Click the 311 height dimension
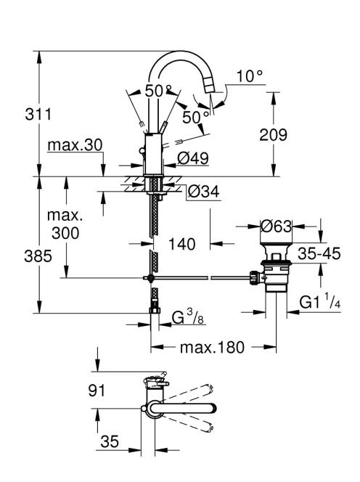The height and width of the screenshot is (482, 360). click(38, 115)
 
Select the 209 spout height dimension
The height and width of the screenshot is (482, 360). click(273, 135)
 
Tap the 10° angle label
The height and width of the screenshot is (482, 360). click(250, 76)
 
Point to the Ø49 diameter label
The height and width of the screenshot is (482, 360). click(193, 159)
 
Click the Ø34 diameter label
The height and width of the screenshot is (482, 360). click(203, 192)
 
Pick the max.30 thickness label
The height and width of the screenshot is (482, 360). click(75, 145)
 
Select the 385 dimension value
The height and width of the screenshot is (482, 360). click(38, 256)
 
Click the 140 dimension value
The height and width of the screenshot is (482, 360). click(182, 245)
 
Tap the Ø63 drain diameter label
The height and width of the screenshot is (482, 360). click(276, 227)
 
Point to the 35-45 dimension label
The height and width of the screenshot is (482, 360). click(319, 254)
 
